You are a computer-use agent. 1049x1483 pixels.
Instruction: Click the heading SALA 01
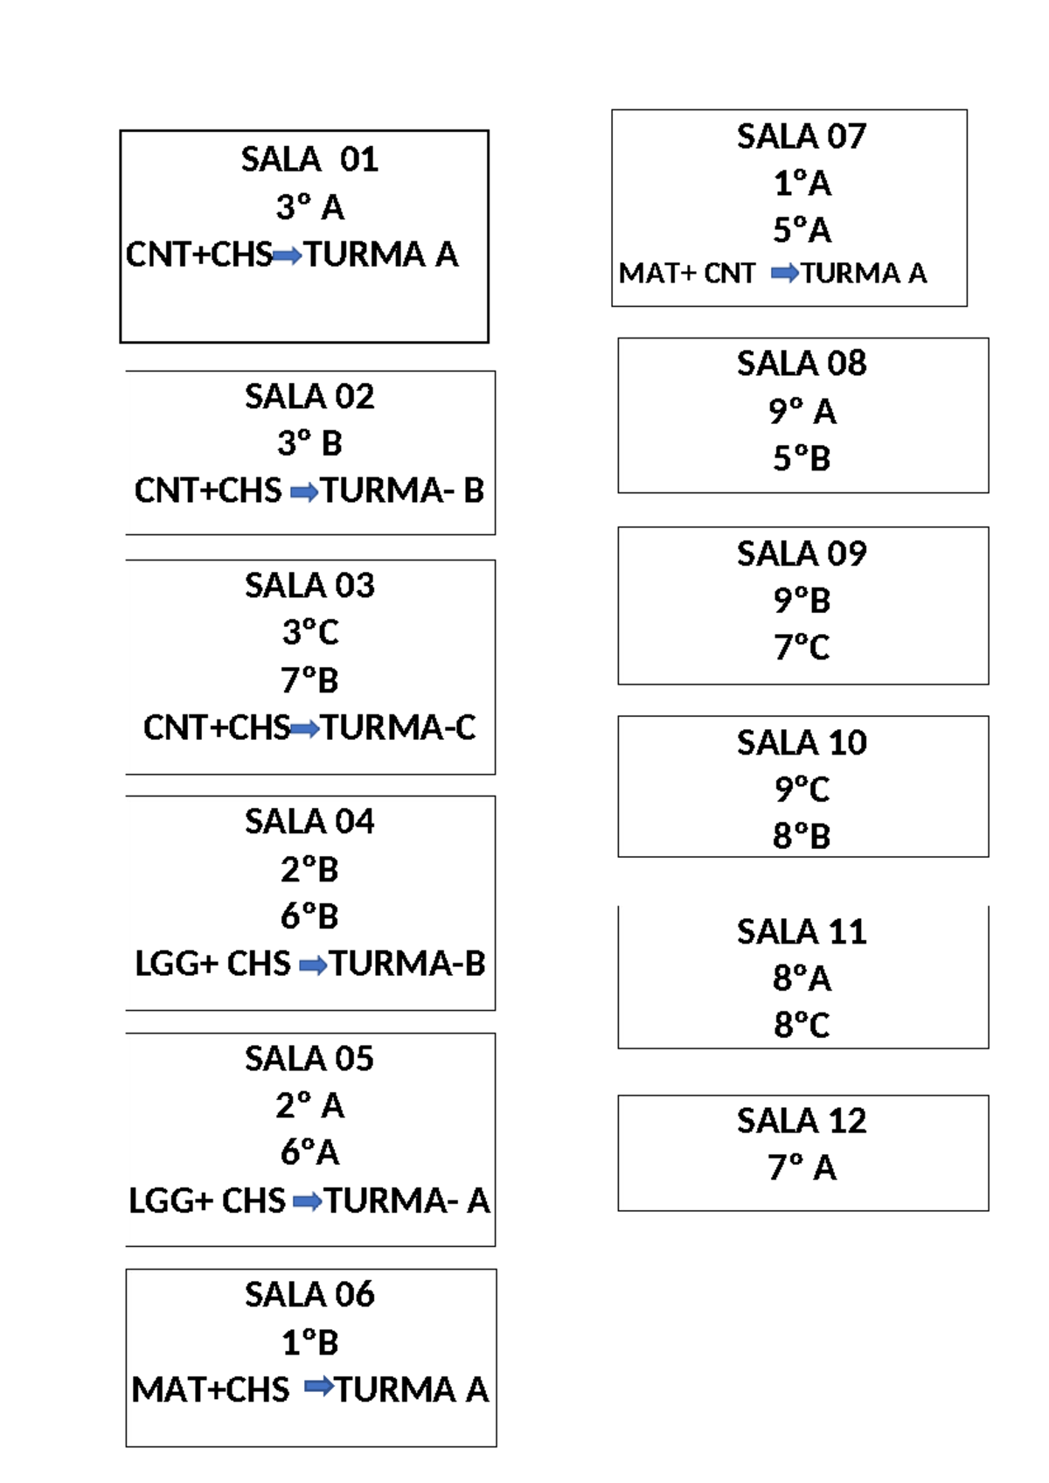coord(309,159)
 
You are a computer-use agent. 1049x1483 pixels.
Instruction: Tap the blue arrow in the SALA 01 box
coord(288,256)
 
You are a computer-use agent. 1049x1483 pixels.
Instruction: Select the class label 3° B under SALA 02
coord(309,443)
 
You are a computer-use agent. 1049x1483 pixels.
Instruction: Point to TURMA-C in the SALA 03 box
coord(399,728)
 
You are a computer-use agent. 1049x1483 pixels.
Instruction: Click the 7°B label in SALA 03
coord(309,680)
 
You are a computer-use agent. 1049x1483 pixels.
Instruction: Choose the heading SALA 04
coord(309,822)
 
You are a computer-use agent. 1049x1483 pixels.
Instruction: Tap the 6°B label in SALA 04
coord(309,916)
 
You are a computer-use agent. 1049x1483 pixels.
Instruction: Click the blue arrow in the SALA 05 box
coord(307,1202)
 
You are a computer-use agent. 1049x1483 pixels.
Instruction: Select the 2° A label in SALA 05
coord(309,1106)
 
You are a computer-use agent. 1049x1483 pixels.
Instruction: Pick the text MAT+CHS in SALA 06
coord(211,1389)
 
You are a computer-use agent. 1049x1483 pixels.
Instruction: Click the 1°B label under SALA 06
coord(309,1342)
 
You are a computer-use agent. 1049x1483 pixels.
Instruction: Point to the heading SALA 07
coord(801,136)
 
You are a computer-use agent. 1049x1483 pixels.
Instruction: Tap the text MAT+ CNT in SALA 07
coord(687,274)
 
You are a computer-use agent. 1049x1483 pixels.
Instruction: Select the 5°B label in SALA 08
coord(801,458)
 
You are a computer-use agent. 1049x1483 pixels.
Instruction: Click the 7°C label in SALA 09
coord(801,647)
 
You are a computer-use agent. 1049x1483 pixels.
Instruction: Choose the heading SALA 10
coord(801,742)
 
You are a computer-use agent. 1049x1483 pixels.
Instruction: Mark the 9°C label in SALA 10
coord(801,790)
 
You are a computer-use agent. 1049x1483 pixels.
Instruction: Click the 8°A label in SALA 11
coord(801,978)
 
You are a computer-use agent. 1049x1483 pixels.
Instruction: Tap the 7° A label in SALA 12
coord(801,1167)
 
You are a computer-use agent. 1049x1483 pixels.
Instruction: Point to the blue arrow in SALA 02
coord(303,493)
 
